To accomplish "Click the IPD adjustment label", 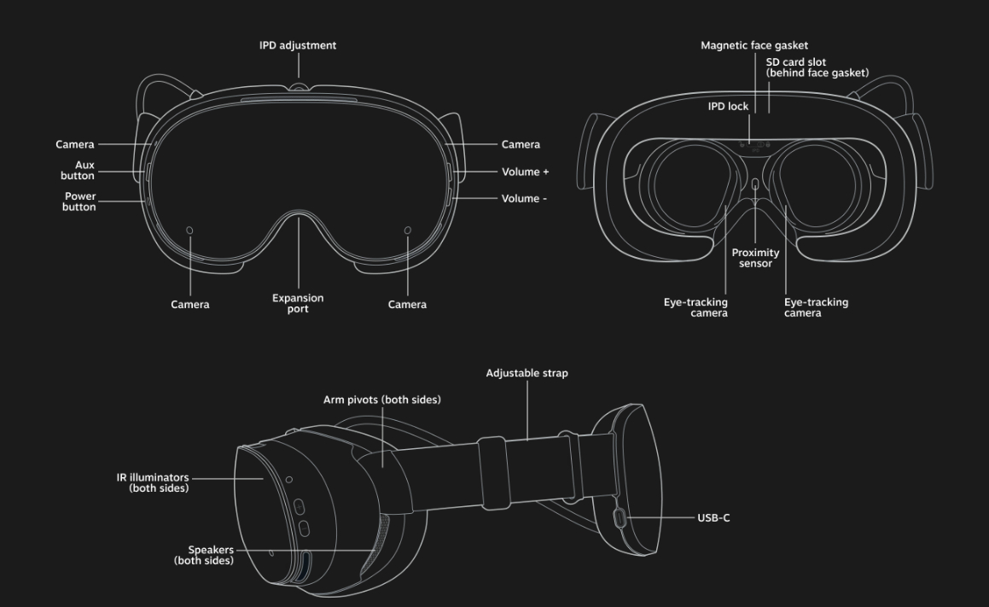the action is pyautogui.click(x=298, y=45).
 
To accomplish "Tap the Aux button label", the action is pyautogui.click(x=78, y=171).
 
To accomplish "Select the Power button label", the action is pyautogui.click(x=79, y=201).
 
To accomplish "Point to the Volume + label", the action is pyautogui.click(x=525, y=172).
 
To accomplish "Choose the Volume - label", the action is pyautogui.click(x=524, y=198).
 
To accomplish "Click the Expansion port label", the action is pyautogui.click(x=298, y=303).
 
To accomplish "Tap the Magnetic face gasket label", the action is pyautogui.click(x=754, y=45).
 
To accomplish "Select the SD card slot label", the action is pyautogui.click(x=817, y=67).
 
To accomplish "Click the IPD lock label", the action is pyautogui.click(x=728, y=107).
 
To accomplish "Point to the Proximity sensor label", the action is pyautogui.click(x=756, y=258).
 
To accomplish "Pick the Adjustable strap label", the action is pyautogui.click(x=526, y=373).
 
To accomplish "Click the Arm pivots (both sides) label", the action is pyautogui.click(x=382, y=400).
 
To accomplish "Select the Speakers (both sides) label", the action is pyautogui.click(x=204, y=555).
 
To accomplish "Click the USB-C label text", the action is pyautogui.click(x=713, y=518).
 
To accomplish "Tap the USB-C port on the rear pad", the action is pyautogui.click(x=620, y=518).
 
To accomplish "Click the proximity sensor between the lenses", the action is pyautogui.click(x=756, y=184).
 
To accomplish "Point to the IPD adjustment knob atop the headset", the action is pyautogui.click(x=299, y=86).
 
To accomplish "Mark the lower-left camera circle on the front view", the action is pyautogui.click(x=189, y=231).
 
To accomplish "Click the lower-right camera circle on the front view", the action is pyautogui.click(x=407, y=231).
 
